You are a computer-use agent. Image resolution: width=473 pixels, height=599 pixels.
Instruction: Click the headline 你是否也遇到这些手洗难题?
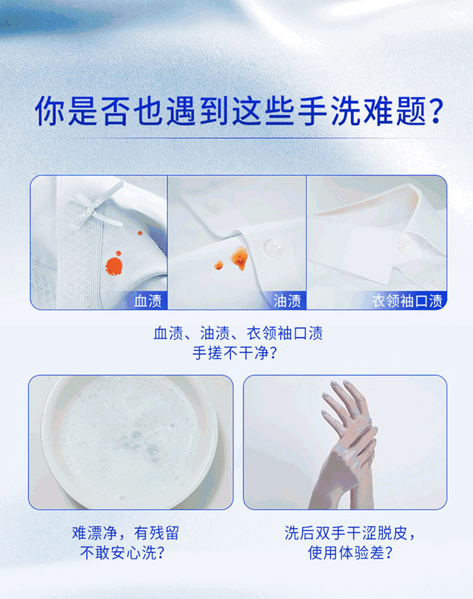239,111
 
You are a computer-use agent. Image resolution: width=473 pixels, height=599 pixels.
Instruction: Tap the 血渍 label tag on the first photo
148,301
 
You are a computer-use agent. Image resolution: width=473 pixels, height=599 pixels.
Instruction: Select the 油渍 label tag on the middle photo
287,301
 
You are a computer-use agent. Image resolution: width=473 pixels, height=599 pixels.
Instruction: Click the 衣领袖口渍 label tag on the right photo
407,301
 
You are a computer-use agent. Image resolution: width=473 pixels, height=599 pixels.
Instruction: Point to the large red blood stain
114,266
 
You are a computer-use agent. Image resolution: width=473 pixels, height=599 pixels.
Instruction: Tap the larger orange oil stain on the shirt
239,257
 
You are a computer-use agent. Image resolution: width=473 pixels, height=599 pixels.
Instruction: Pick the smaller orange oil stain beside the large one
219,265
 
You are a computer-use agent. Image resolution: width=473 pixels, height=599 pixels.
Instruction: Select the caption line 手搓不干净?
234,353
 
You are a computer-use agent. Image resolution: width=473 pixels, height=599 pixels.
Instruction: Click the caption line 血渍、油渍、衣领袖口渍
238,333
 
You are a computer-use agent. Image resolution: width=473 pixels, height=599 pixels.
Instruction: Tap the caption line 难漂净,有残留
126,533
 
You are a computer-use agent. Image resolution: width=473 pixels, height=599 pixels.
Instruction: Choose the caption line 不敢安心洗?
122,553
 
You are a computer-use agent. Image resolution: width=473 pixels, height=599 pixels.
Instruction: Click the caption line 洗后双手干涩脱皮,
350,533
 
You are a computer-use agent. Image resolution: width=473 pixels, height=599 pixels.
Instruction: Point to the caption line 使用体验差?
350,553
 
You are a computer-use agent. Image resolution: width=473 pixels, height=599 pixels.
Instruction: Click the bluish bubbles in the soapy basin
143,445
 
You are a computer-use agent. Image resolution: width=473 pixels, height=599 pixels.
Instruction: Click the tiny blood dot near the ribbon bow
140,233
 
